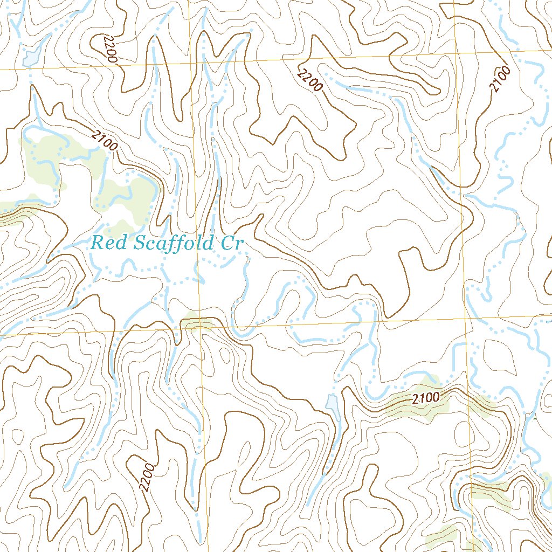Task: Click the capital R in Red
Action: pyautogui.click(x=98, y=243)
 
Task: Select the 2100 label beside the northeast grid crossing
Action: pyautogui.click(x=500, y=79)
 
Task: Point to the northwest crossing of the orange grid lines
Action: pyautogui.click(x=192, y=63)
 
